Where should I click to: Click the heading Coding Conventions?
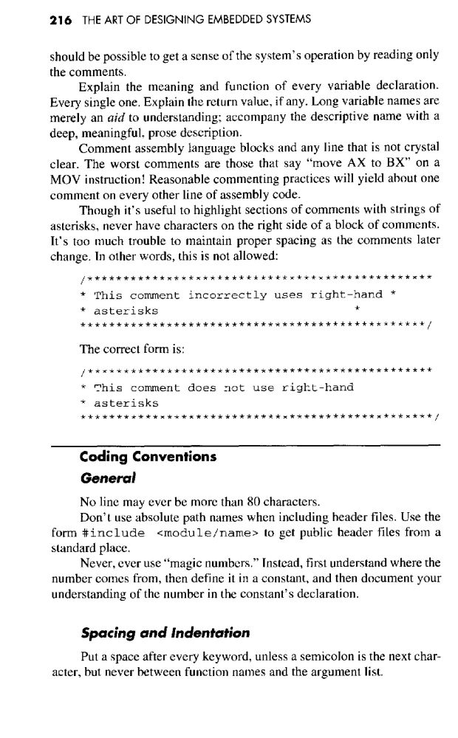click(x=147, y=456)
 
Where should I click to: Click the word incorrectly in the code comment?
click(x=228, y=295)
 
